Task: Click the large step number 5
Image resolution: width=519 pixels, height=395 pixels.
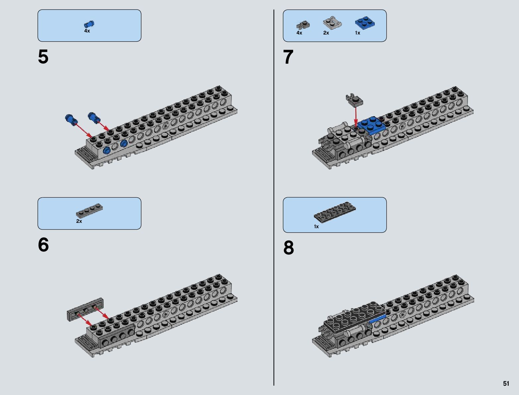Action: point(43,57)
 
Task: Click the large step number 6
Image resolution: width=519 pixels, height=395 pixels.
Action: point(43,245)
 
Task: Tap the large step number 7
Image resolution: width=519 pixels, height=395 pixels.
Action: point(289,57)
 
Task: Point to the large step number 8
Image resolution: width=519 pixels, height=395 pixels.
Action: point(289,248)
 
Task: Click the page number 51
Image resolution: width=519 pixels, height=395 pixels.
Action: point(506,383)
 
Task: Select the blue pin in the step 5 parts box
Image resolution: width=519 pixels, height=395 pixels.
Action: point(89,24)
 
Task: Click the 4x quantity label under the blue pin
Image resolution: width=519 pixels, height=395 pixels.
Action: point(87,31)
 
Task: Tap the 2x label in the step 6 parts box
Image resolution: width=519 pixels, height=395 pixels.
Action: point(79,221)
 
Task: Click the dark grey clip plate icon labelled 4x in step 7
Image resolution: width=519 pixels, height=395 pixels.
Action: point(303,25)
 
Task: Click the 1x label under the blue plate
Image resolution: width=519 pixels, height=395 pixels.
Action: point(357,33)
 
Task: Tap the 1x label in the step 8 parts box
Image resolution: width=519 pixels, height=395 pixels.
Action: point(316,227)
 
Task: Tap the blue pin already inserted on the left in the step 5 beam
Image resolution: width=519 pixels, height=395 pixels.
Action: point(107,151)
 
